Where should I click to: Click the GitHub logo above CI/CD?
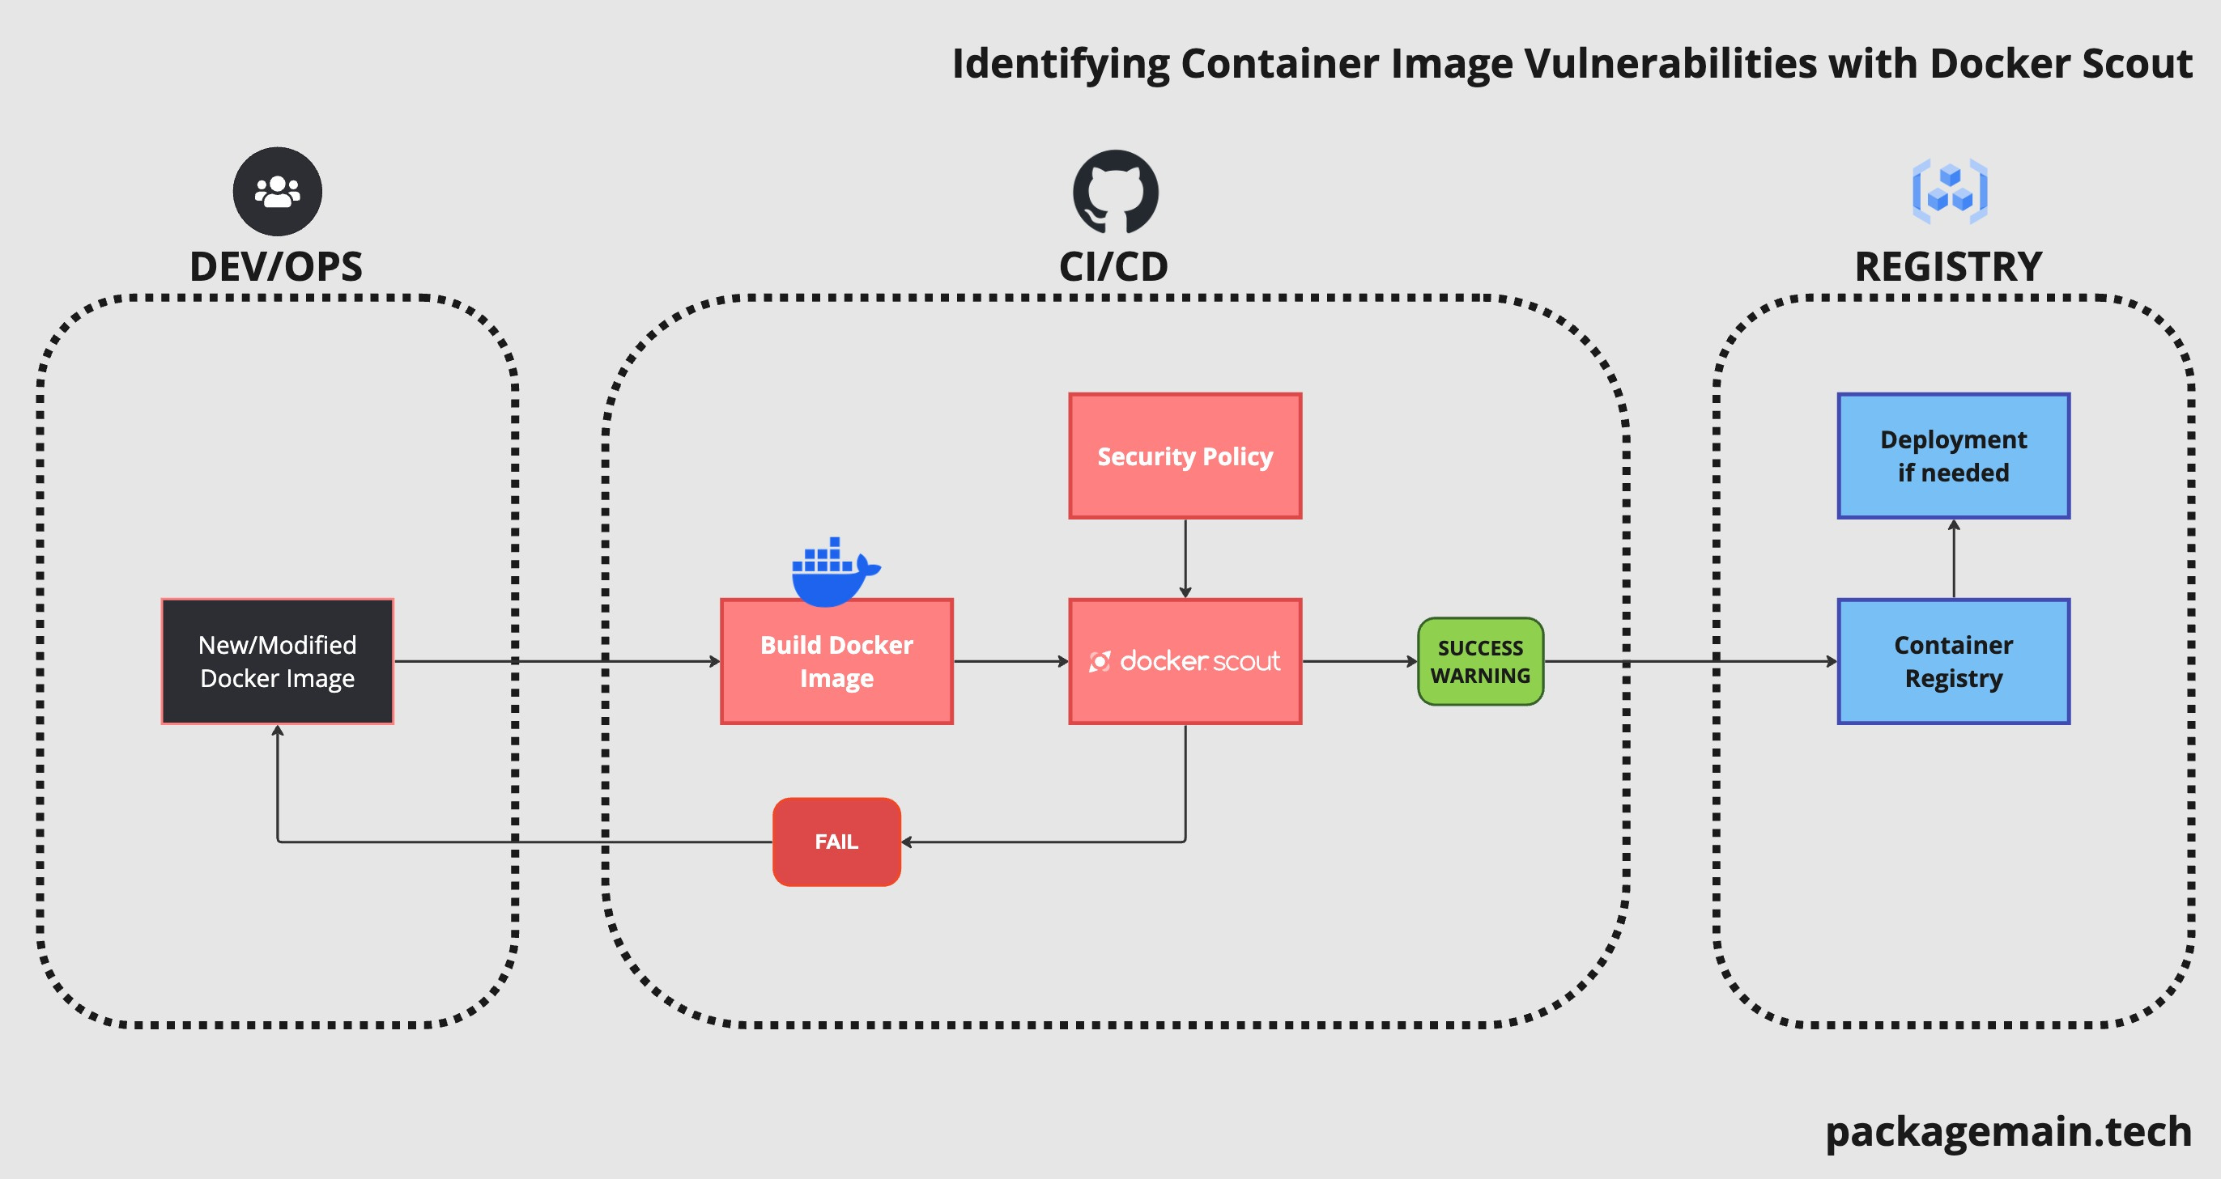coord(1115,191)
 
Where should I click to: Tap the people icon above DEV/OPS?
coord(277,191)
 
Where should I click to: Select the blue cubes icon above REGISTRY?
coord(1950,191)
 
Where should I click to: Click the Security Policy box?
coord(1185,456)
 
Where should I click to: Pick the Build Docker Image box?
coord(836,662)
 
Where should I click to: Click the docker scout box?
coord(1185,662)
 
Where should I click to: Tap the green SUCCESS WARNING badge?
coord(1480,662)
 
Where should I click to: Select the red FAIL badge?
coord(836,842)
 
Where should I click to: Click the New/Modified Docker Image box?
coord(277,662)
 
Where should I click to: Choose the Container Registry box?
coord(1953,662)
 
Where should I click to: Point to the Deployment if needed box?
coord(1953,456)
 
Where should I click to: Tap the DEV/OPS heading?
coord(276,266)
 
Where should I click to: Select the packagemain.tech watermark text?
coord(2008,1130)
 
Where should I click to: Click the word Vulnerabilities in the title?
coord(1670,64)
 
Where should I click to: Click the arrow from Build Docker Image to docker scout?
coord(1011,662)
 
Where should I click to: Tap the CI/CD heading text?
coord(1113,266)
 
